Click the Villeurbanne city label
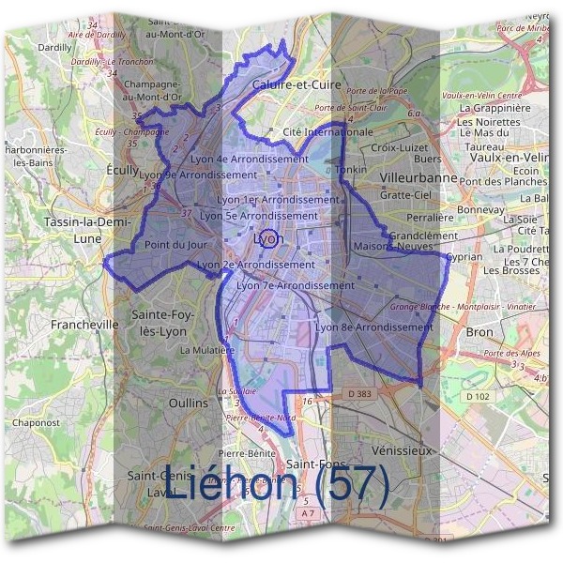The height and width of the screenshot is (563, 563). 419,177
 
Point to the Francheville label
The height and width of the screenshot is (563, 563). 85,324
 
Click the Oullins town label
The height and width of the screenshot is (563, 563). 189,403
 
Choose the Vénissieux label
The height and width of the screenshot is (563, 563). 403,450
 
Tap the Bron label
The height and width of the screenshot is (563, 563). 479,332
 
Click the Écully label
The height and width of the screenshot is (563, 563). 122,170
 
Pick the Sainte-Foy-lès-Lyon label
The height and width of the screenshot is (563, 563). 163,323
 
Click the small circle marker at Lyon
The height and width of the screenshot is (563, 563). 267,237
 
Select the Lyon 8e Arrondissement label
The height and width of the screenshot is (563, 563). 374,327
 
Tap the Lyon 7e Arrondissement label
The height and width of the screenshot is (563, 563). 296,285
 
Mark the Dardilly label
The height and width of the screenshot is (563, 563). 56,47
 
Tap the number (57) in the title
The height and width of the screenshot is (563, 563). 346,485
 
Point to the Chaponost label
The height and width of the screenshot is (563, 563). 37,422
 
